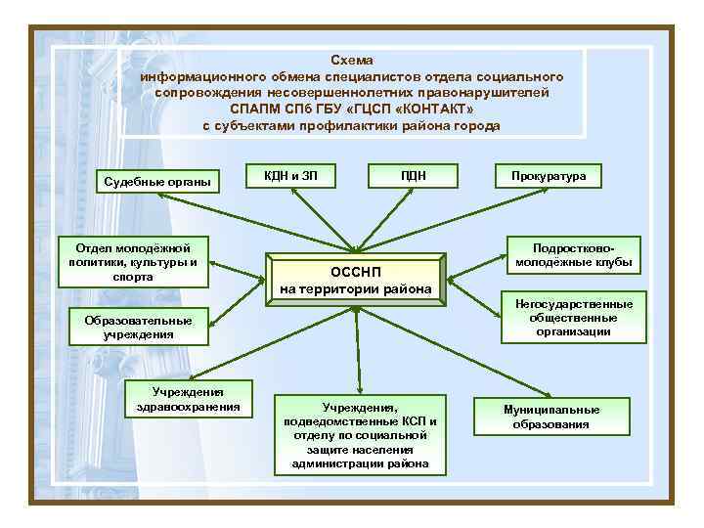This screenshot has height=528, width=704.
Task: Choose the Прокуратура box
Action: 549,176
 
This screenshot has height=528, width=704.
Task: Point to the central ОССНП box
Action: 355,279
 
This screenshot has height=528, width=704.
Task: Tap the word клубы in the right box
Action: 610,263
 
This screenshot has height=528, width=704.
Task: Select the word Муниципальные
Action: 551,410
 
